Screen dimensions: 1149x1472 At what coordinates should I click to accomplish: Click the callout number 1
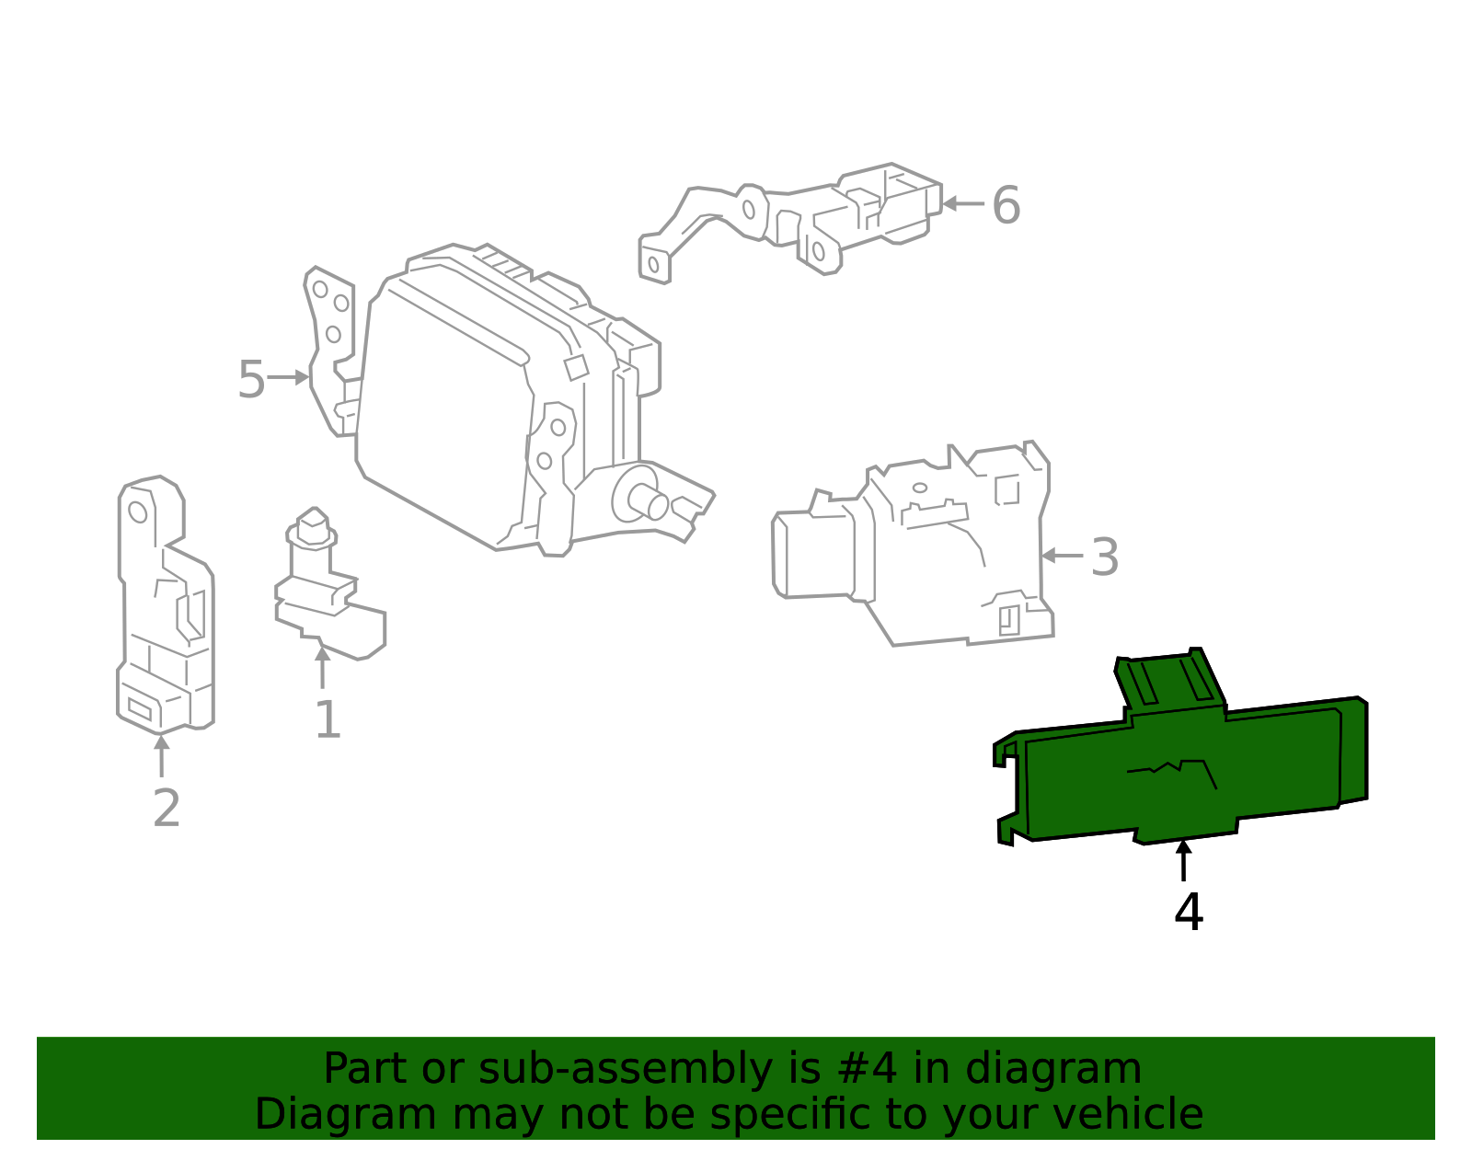point(328,720)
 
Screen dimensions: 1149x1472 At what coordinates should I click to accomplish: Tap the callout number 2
point(166,809)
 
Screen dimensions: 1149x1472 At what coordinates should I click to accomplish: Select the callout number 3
point(1105,557)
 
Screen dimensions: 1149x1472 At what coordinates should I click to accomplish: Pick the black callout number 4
point(1189,913)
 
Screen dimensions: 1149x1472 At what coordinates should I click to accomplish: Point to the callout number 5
point(251,380)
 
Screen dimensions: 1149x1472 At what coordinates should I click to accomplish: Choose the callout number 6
point(1006,205)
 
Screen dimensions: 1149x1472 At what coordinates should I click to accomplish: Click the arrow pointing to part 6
point(962,203)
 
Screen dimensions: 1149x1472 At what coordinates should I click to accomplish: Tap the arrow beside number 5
point(289,377)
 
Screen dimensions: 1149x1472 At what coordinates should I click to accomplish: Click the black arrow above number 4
point(1184,859)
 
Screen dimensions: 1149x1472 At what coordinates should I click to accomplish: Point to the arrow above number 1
point(322,667)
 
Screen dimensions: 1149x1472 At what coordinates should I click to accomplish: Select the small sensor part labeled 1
point(327,589)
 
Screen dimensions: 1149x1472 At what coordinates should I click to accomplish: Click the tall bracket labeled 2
point(166,607)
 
